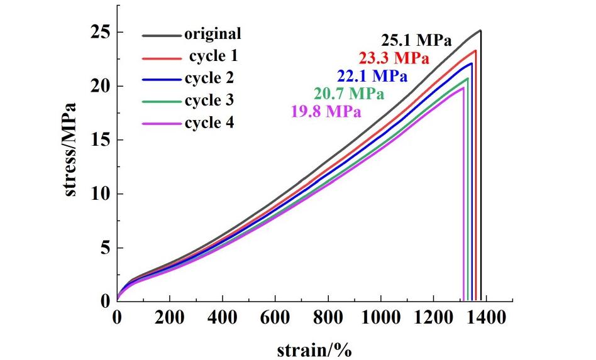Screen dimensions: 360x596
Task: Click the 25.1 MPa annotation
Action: [x=414, y=41]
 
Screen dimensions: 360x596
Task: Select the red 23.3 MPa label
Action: [x=394, y=59]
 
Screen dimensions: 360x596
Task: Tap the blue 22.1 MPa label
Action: [x=372, y=76]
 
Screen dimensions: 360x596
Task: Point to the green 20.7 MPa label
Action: [x=348, y=94]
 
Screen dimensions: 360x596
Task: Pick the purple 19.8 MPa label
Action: [x=326, y=112]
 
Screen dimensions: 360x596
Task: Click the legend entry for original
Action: [x=212, y=34]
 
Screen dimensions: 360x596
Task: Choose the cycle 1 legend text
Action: [x=213, y=57]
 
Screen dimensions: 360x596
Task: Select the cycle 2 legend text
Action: [x=209, y=79]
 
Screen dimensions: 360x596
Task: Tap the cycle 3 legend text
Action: [x=209, y=101]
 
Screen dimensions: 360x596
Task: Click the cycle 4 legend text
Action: [x=209, y=123]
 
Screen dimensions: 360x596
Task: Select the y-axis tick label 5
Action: [x=106, y=248]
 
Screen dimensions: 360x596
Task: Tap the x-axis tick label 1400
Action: [x=487, y=318]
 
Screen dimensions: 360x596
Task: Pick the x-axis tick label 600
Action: [x=275, y=318]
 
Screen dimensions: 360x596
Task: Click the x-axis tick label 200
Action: [x=170, y=318]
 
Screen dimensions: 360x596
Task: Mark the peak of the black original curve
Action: [x=480, y=30]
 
